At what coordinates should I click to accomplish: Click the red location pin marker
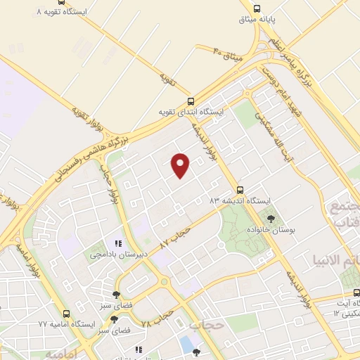tap(181, 164)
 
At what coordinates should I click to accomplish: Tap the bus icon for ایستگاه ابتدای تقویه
tap(191, 101)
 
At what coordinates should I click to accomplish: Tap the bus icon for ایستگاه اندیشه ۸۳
tap(240, 189)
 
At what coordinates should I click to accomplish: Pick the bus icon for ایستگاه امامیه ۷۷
tap(66, 314)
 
